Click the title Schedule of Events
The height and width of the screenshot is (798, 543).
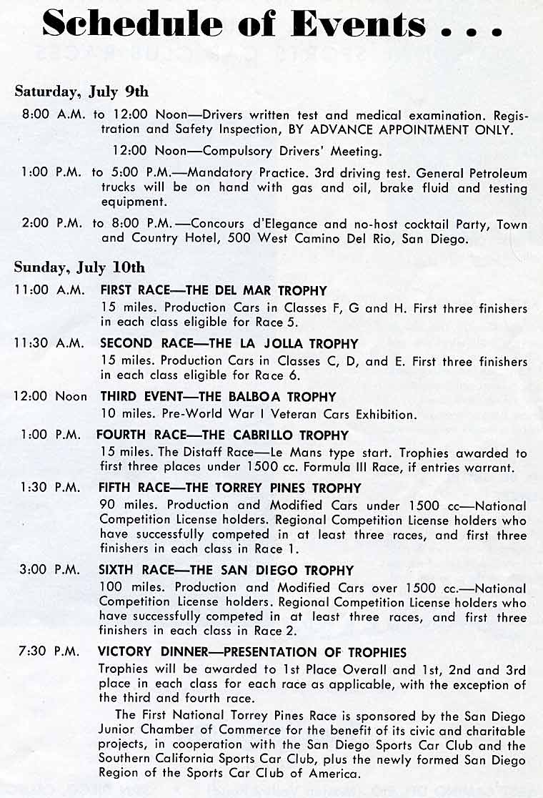[x=271, y=25]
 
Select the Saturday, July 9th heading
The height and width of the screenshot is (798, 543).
[x=81, y=92]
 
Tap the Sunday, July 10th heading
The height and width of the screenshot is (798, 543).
[x=79, y=267]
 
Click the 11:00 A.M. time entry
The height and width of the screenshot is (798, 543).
[x=49, y=291]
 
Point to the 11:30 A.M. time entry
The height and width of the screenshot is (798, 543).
[x=49, y=344]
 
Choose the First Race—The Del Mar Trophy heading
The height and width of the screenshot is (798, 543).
[x=213, y=291]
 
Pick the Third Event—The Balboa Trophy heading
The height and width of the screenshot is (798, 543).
[x=218, y=397]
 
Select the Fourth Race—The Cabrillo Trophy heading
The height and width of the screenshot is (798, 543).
[x=222, y=435]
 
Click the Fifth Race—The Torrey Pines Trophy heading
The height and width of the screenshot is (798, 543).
[x=230, y=488]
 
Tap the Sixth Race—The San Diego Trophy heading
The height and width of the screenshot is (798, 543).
[x=226, y=571]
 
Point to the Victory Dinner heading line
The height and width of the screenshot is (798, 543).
[x=252, y=652]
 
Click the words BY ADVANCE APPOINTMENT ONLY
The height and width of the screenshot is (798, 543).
[x=407, y=130]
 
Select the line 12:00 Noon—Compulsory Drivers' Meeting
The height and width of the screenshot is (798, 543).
[x=247, y=152]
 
